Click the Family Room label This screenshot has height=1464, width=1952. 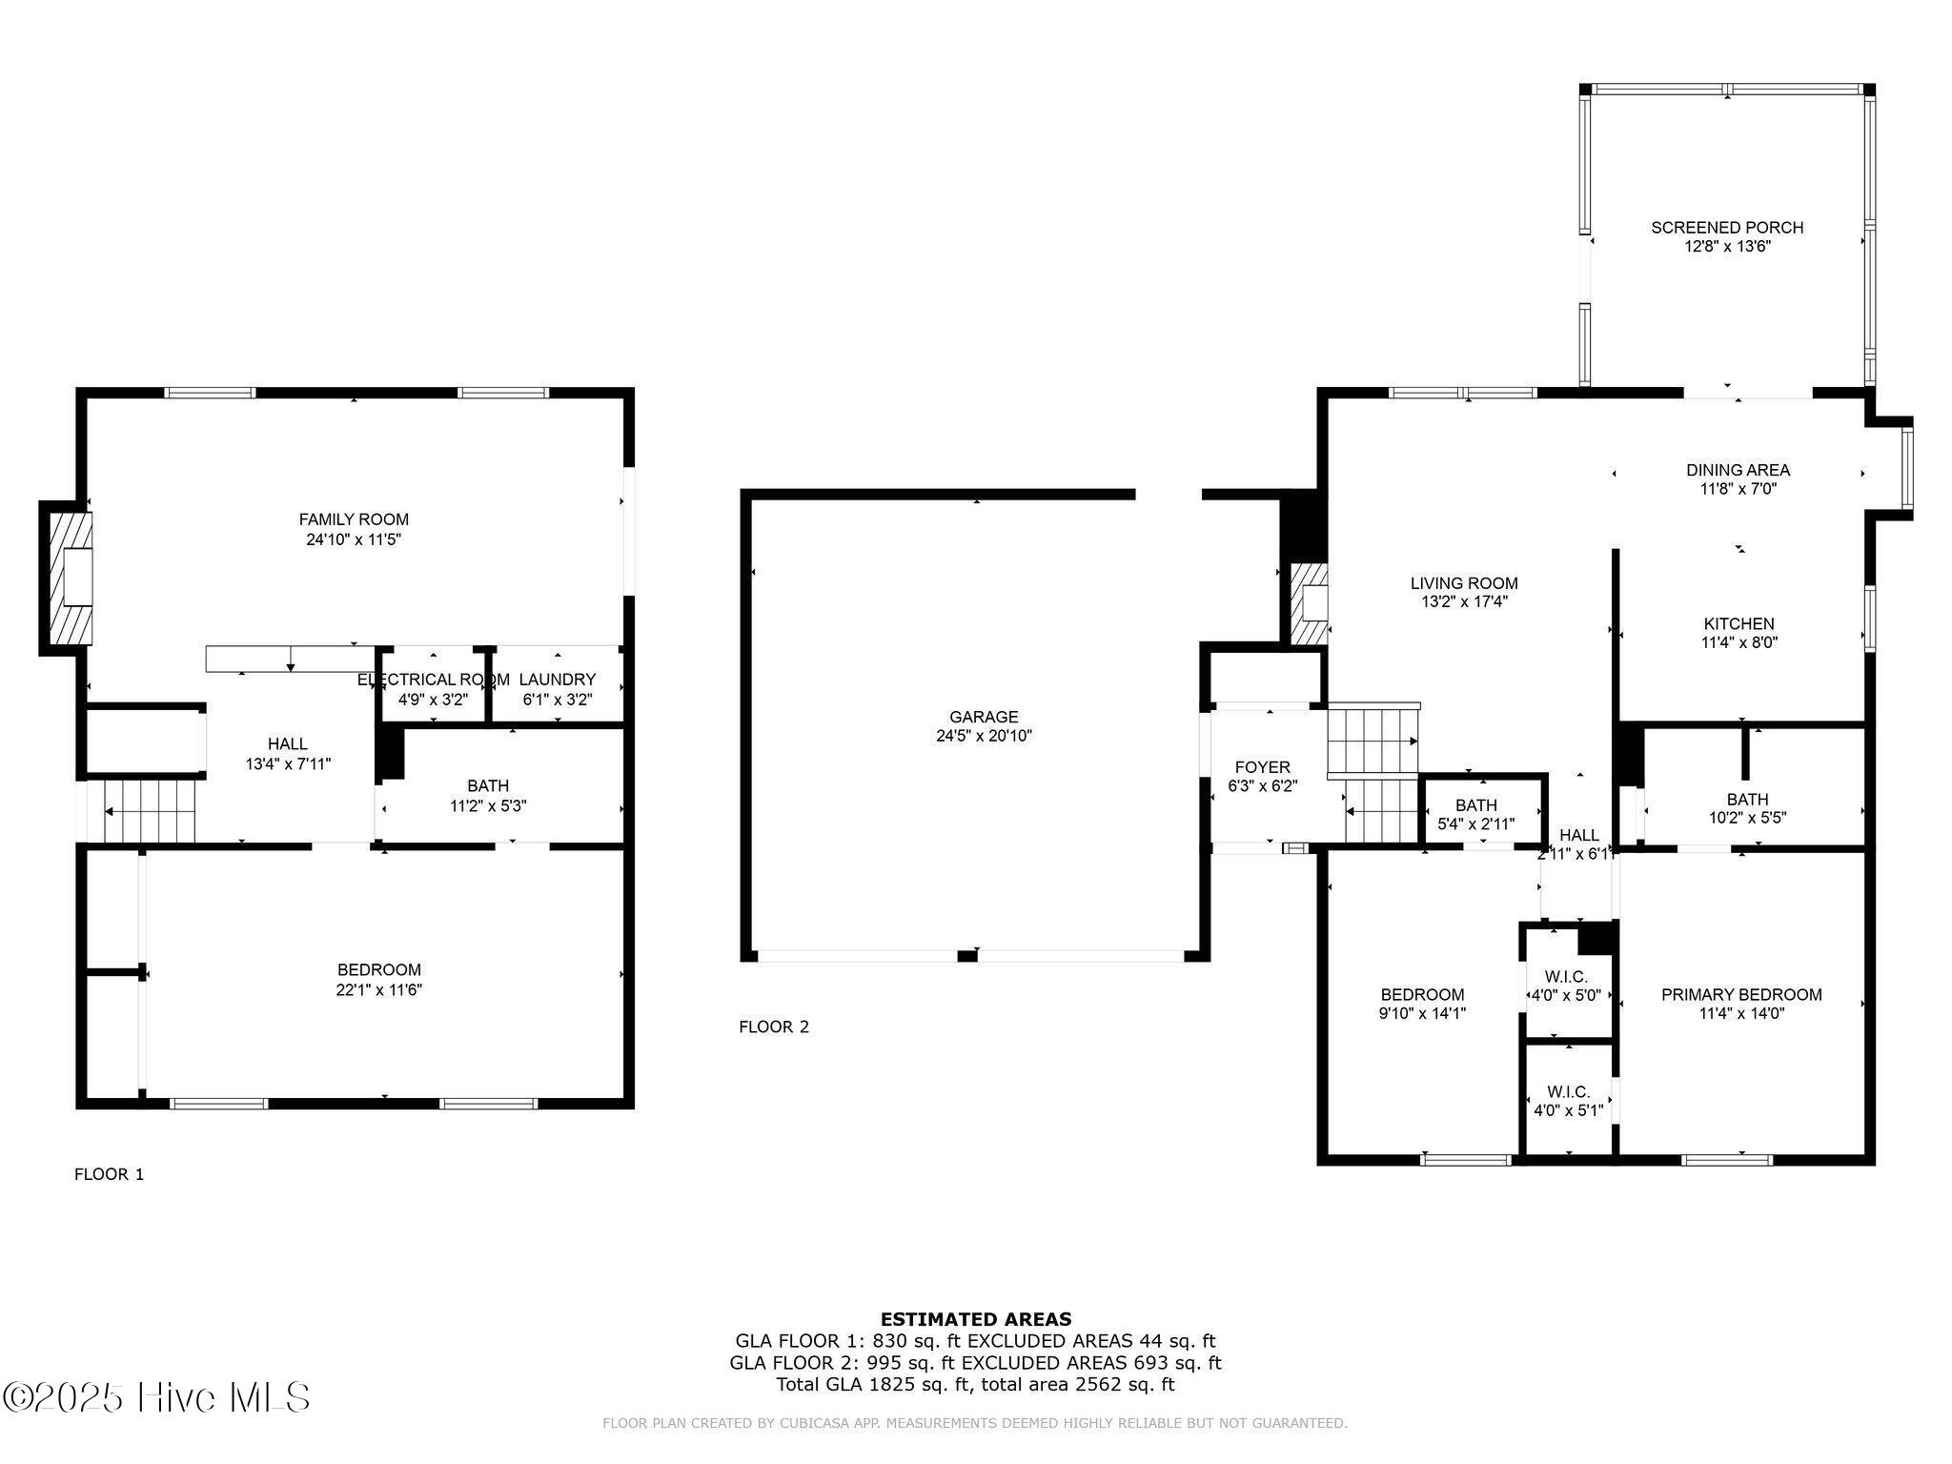pos(354,519)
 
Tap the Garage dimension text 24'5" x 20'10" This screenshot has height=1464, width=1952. pos(984,736)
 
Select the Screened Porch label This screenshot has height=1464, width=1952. pos(1727,228)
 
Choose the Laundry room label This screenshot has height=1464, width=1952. pos(558,680)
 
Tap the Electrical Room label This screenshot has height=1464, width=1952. pos(434,680)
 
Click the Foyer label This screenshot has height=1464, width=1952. pos(1263,767)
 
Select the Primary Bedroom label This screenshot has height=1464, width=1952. pos(1741,995)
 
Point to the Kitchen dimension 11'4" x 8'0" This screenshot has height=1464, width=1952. pos(1739,642)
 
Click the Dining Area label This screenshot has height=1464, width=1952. pos(1738,470)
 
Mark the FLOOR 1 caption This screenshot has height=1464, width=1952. pos(110,1174)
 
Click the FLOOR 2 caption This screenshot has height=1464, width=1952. pos(774,1027)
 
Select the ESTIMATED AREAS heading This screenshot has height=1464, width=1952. pos(976,1319)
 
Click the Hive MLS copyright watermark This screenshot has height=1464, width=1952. pos(156,1397)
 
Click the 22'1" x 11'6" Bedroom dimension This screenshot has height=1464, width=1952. pos(379,990)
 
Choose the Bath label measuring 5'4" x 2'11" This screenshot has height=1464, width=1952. pos(1476,805)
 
